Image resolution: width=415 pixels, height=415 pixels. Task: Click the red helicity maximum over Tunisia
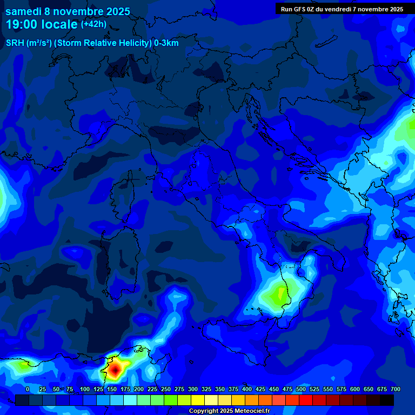[x=115, y=370]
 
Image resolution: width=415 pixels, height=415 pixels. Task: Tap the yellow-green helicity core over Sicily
[x=280, y=294]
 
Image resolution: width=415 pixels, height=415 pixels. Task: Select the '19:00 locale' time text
[x=41, y=24]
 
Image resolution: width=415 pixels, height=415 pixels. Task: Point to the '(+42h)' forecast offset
[x=93, y=24]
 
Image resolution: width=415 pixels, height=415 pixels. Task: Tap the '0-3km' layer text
[x=166, y=43]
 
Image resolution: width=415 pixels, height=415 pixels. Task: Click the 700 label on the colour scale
[x=396, y=389]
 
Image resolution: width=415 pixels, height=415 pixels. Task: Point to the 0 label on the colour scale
[x=28, y=389]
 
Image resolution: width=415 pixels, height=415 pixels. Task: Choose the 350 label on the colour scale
[x=220, y=389]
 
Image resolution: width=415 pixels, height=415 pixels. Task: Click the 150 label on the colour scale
[x=112, y=389]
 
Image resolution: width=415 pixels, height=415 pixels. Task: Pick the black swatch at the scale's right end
[x=386, y=400]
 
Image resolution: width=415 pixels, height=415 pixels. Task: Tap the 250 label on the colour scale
[x=166, y=389]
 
